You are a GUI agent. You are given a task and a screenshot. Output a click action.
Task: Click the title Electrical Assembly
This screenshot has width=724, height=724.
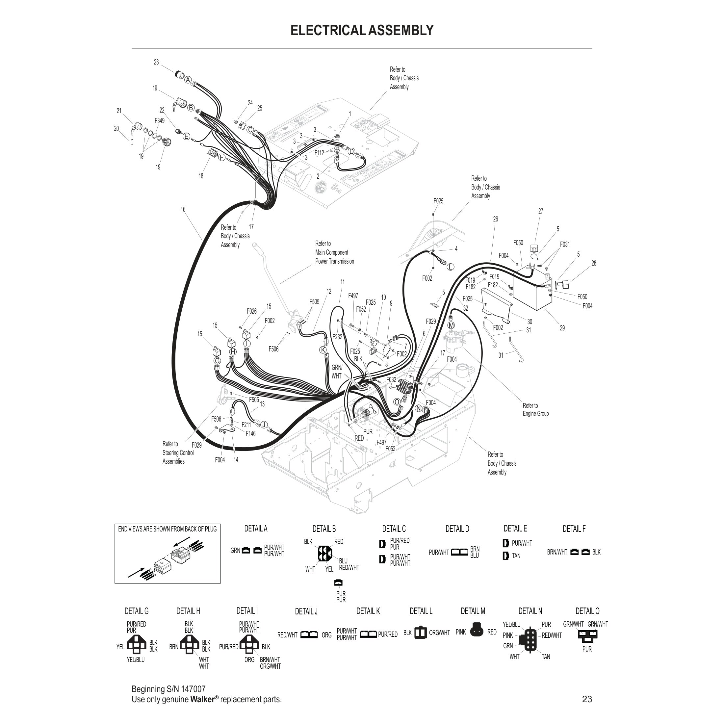click(362, 30)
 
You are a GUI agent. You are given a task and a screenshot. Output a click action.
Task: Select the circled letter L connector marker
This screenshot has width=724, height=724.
click(451, 267)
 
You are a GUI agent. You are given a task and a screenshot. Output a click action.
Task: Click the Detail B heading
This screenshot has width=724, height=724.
click(324, 529)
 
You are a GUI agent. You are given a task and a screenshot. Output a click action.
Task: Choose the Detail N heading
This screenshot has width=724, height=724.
click(530, 611)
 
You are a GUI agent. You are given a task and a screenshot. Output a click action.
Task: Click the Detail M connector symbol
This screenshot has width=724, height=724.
click(477, 632)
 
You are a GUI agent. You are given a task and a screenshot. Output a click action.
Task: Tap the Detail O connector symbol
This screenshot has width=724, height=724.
click(587, 635)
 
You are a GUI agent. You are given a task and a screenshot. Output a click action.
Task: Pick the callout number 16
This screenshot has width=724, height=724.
click(183, 210)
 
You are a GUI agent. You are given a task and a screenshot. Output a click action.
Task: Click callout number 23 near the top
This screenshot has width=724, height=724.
click(156, 62)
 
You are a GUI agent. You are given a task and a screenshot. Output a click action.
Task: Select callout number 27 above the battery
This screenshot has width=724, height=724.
click(540, 211)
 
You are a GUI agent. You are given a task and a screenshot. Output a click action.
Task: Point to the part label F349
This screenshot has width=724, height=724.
click(160, 121)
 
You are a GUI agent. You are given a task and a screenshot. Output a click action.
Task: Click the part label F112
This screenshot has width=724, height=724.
click(319, 153)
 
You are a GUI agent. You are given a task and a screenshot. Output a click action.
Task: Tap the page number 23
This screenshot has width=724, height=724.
click(587, 699)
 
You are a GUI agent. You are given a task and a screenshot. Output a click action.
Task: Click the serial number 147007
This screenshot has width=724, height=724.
click(193, 689)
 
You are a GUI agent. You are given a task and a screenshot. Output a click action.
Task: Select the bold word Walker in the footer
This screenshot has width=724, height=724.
click(202, 699)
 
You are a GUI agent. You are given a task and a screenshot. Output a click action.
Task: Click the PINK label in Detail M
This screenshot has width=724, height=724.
click(460, 632)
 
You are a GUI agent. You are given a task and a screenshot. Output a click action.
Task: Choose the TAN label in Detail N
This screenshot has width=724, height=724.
click(546, 657)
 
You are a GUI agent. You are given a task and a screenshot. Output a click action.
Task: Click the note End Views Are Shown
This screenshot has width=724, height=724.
click(167, 529)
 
